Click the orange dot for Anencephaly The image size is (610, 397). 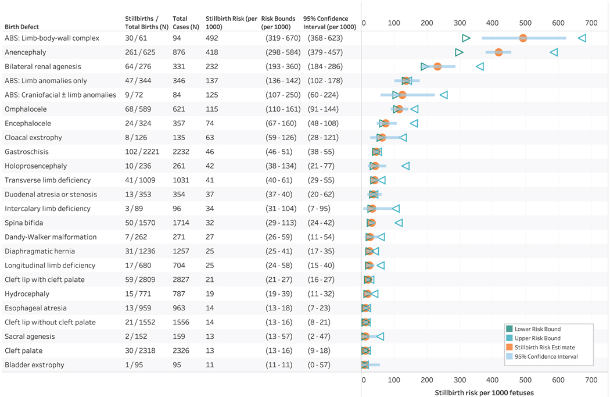(498, 52)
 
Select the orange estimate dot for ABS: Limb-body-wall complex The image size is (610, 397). (523, 38)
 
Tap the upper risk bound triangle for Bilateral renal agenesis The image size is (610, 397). (479, 67)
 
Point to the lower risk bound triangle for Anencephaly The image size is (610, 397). (459, 52)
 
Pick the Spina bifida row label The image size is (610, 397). (24, 223)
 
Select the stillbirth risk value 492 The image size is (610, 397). (211, 38)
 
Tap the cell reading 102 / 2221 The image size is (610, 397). (141, 152)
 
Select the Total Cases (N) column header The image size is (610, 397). (185, 23)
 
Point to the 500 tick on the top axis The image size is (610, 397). (525, 23)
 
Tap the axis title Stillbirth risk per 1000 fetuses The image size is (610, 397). (484, 392)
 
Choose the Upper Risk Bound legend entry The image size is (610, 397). (537, 338)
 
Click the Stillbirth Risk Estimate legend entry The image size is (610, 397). (546, 348)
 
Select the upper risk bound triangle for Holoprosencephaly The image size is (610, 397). (406, 166)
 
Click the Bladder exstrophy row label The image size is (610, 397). (34, 365)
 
